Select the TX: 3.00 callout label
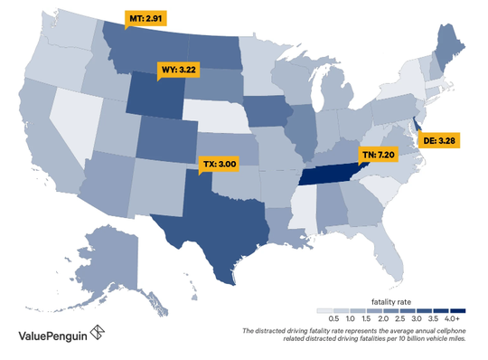coord(219,165)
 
